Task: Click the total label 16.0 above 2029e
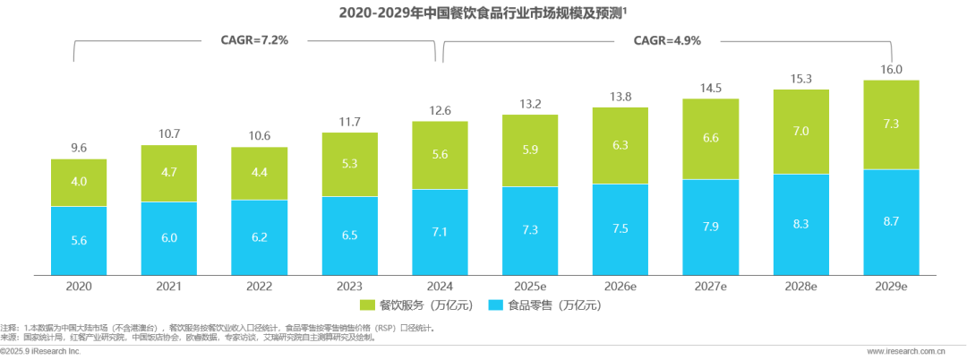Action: click(891, 69)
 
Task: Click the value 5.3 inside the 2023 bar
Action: click(349, 164)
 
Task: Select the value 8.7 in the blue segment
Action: click(891, 220)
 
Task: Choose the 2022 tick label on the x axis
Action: click(259, 286)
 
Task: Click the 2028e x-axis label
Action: click(800, 286)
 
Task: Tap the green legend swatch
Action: click(368, 305)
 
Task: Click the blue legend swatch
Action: click(494, 305)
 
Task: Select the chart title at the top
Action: click(483, 12)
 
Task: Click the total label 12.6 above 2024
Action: click(440, 110)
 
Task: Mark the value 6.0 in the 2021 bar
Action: click(168, 237)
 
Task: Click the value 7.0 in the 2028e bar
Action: click(800, 132)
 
